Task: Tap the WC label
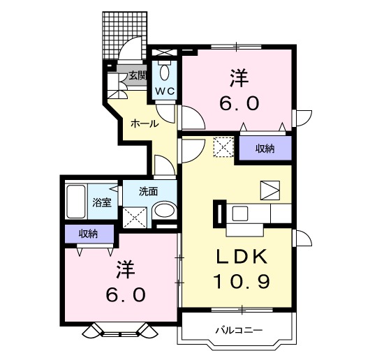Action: coord(165,91)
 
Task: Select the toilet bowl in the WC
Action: coord(165,73)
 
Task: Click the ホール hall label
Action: coord(143,123)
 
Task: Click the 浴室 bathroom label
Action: coord(103,203)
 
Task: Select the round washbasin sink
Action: coord(164,211)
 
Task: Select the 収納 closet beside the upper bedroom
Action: coord(264,148)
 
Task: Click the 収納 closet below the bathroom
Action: coord(87,234)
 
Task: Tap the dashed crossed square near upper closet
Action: coord(223,147)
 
